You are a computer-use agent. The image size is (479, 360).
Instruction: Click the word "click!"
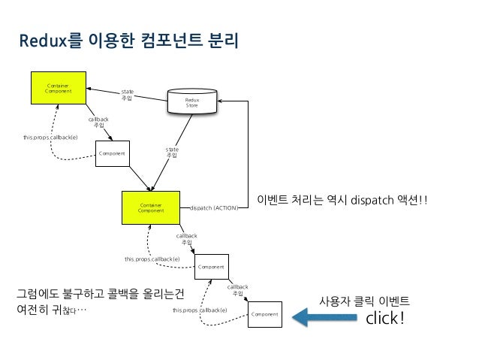click(x=384, y=319)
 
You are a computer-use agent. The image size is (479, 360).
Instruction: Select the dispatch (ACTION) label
click(x=214, y=207)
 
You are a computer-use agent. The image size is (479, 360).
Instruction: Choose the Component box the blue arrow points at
click(x=265, y=313)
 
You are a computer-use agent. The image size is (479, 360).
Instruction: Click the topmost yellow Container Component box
click(x=58, y=89)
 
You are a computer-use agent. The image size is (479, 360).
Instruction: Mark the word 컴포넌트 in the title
click(x=165, y=41)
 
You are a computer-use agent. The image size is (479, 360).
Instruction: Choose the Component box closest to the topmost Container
click(x=110, y=154)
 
